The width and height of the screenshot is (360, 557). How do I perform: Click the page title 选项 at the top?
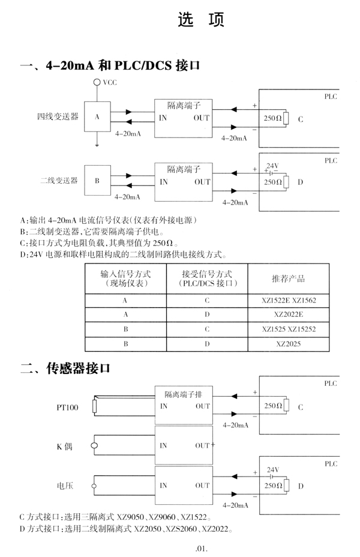coord(201,19)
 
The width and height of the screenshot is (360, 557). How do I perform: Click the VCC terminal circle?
coord(97,82)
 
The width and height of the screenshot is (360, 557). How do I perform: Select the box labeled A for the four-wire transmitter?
coord(97,116)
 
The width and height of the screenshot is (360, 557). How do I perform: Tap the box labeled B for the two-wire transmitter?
coord(97,181)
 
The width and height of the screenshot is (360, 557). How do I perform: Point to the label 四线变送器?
coord(58,116)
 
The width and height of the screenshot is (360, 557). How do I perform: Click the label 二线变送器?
coord(59,181)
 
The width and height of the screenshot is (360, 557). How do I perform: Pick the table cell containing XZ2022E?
coord(289,315)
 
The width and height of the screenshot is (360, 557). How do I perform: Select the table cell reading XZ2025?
coord(289,344)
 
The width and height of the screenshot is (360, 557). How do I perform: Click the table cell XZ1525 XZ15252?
coord(289,330)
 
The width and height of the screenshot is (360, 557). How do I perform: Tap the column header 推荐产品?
coord(289,278)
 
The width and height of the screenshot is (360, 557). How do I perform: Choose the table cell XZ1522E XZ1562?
coord(289,301)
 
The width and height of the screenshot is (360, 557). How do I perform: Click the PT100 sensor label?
coord(67,408)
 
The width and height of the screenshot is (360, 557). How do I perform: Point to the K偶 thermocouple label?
coord(64,447)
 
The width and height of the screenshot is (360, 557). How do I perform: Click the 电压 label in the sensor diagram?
coord(65,486)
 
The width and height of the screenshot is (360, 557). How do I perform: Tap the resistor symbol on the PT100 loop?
coord(94,406)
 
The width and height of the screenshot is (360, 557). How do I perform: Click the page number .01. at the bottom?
coord(202,549)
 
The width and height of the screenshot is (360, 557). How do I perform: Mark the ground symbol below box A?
coord(97,145)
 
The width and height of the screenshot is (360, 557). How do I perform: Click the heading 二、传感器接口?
coord(65,369)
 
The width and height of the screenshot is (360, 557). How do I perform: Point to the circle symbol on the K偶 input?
coord(94,446)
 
